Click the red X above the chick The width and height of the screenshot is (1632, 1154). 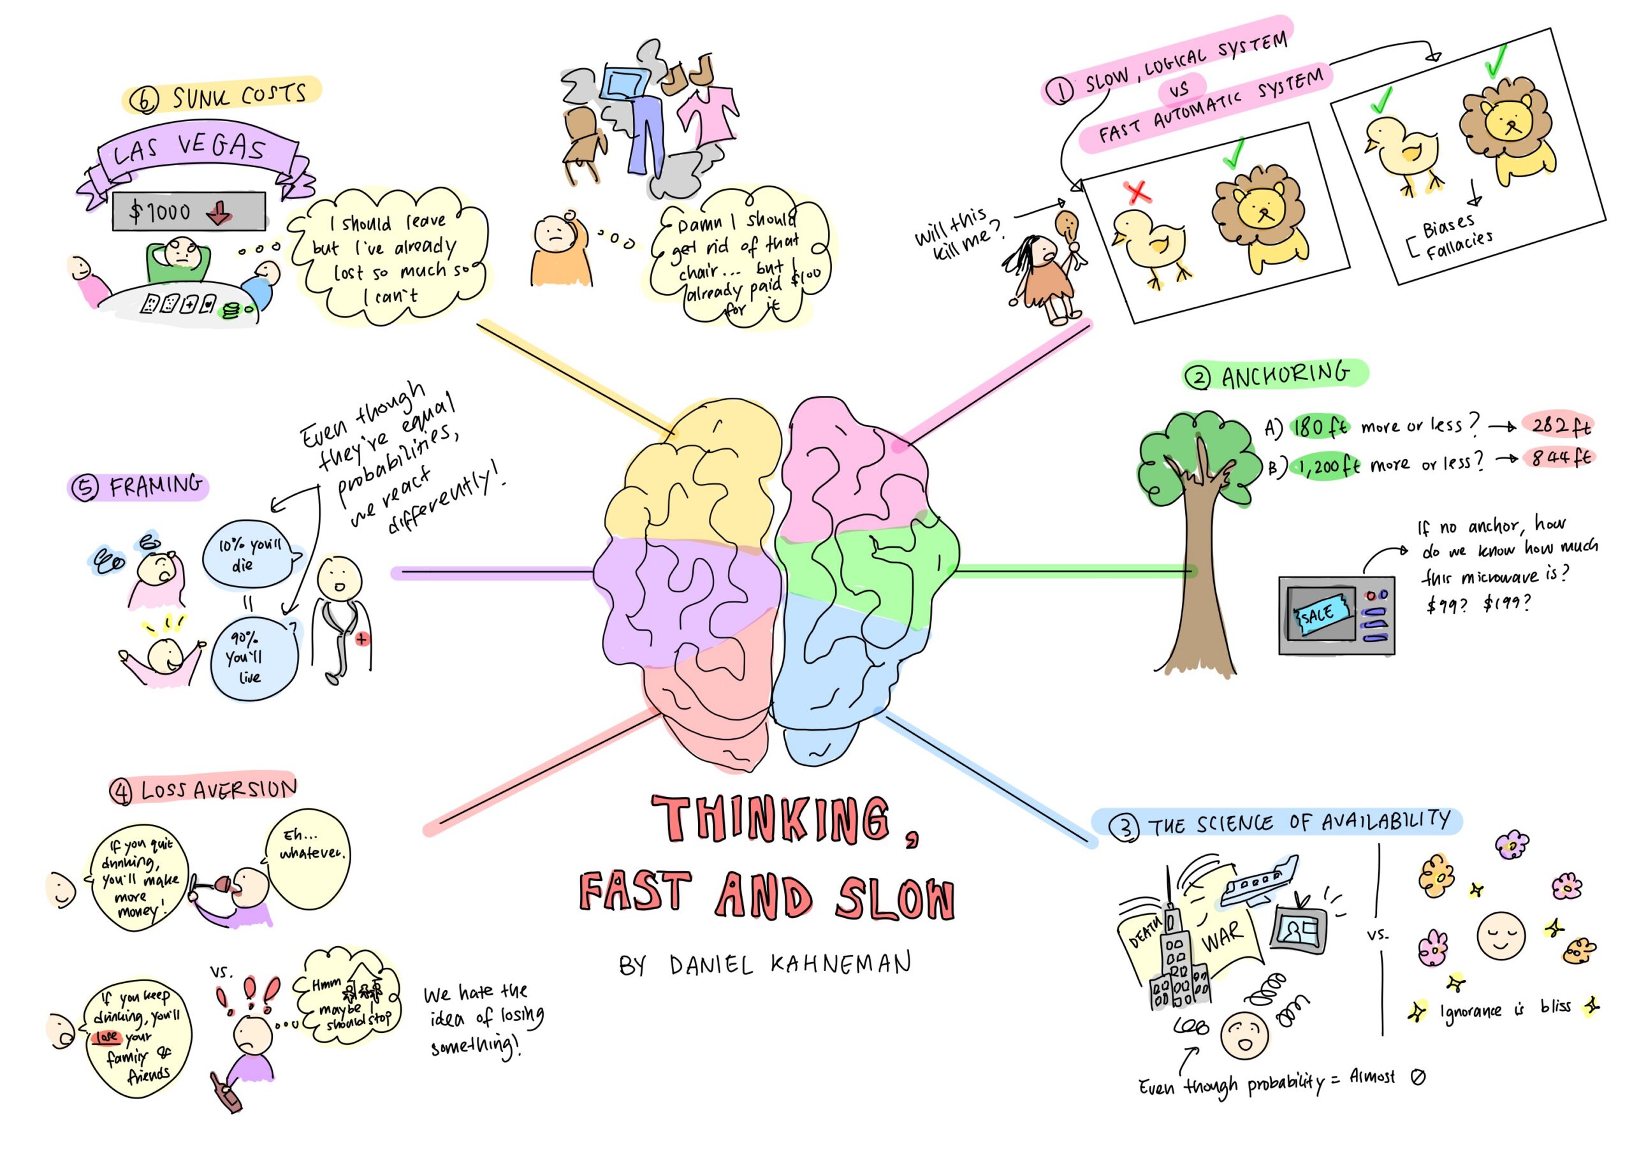[1137, 192]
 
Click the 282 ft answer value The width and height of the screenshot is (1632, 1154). [1560, 425]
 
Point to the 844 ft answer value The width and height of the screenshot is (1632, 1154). [1560, 457]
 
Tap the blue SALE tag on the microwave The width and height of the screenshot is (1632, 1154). [1320, 613]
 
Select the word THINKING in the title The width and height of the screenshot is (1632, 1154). [771, 820]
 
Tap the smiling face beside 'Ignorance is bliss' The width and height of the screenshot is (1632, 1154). [1501, 935]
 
